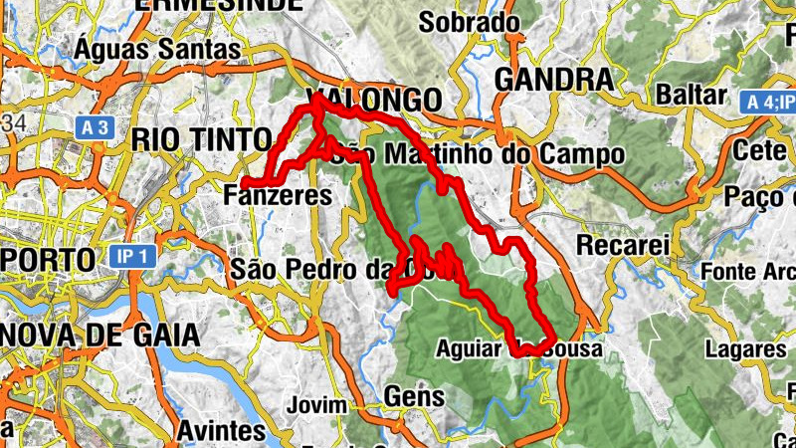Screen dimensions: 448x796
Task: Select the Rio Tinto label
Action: (201, 138)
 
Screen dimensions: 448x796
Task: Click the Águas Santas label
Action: (157, 48)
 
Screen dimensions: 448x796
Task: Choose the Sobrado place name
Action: (469, 22)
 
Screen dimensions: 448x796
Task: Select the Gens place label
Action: (413, 396)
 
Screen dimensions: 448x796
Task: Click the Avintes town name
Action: (221, 431)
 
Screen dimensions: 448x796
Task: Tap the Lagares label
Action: (745, 349)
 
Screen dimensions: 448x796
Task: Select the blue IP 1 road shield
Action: (131, 257)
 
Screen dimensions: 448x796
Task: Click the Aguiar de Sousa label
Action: (507, 349)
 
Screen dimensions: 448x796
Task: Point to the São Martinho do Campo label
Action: (482, 155)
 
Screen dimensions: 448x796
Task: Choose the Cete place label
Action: (761, 150)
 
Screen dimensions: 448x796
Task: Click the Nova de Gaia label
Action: (99, 336)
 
